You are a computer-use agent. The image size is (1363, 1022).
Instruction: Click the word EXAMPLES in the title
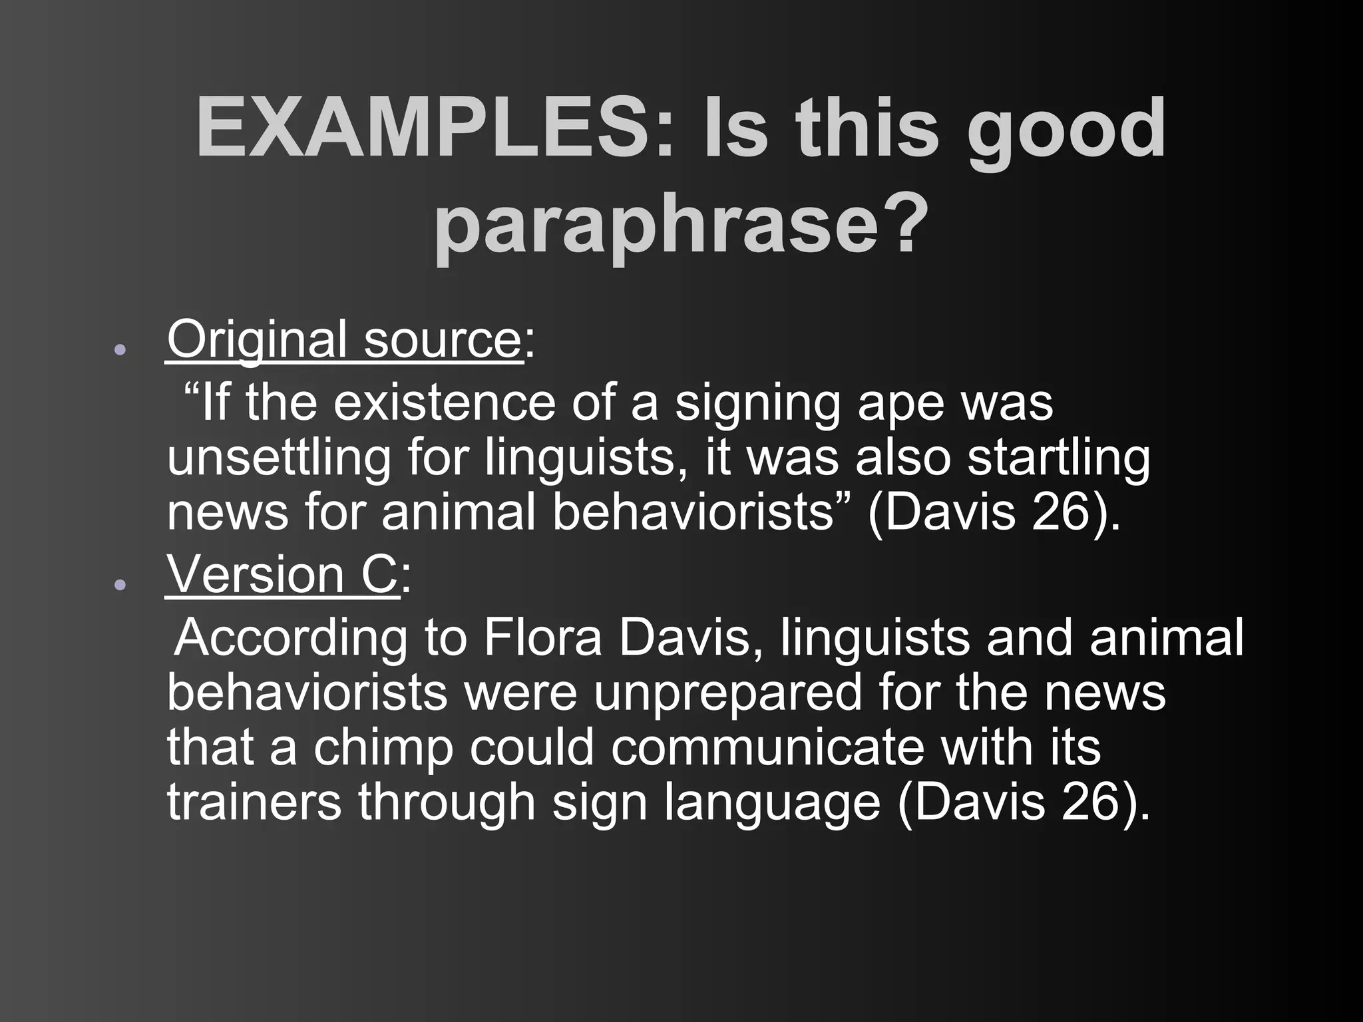[x=427, y=128]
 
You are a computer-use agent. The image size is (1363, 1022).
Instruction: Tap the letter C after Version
[x=380, y=574]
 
